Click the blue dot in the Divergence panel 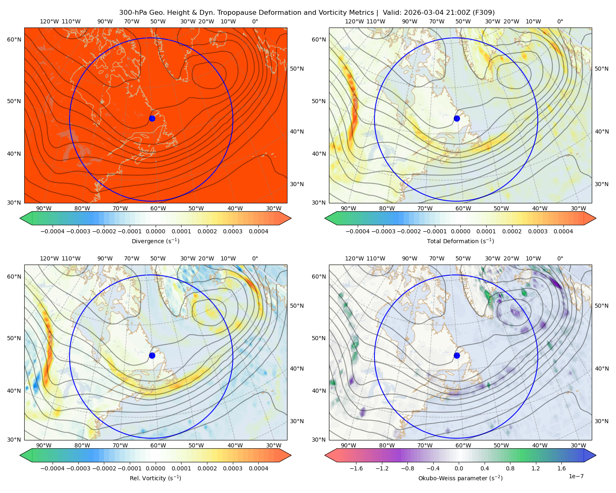[152, 118]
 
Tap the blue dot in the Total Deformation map [457, 118]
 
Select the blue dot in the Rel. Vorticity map [152, 355]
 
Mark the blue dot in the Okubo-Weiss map [457, 355]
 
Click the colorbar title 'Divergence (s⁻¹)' [155, 241]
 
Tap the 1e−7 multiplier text [576, 476]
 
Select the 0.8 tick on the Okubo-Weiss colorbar [510, 468]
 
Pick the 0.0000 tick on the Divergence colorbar [155, 231]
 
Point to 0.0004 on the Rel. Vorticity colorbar [258, 468]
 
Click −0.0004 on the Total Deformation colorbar [358, 231]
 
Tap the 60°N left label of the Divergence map [14, 39]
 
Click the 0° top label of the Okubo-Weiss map [560, 258]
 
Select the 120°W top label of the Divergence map [49, 21]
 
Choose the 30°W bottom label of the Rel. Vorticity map [274, 445]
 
